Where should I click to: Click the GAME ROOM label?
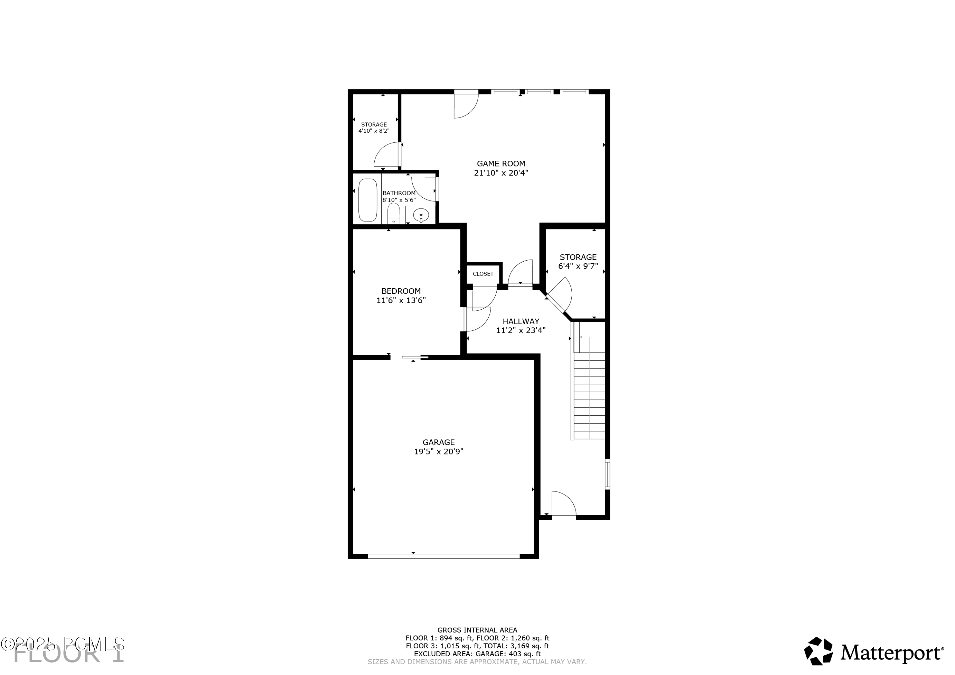501,164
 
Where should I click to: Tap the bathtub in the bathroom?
367,200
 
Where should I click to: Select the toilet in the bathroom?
393,214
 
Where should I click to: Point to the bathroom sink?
421,215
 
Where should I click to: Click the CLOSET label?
483,274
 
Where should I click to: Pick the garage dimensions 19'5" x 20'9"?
438,452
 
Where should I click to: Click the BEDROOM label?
401,291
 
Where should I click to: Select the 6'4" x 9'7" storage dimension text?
578,266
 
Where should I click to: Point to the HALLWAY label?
521,321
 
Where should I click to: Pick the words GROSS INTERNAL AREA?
477,630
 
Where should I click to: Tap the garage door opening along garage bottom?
444,556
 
